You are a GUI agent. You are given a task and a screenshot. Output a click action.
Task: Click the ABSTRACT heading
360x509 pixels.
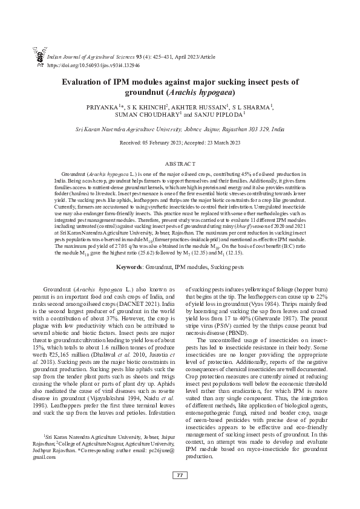(180, 163)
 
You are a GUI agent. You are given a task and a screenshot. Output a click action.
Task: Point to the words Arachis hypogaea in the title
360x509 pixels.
(203, 93)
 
